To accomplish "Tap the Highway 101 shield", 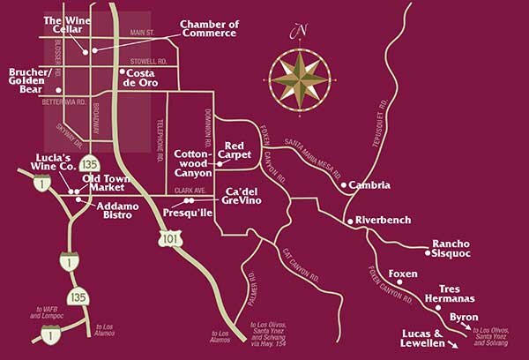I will tap(169, 237).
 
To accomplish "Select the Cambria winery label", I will tap(366, 186).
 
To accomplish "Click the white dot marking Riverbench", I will tap(350, 220).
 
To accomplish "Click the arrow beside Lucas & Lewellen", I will tap(457, 346).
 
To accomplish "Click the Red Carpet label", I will tap(239, 150).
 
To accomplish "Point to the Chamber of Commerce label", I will tap(208, 28).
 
